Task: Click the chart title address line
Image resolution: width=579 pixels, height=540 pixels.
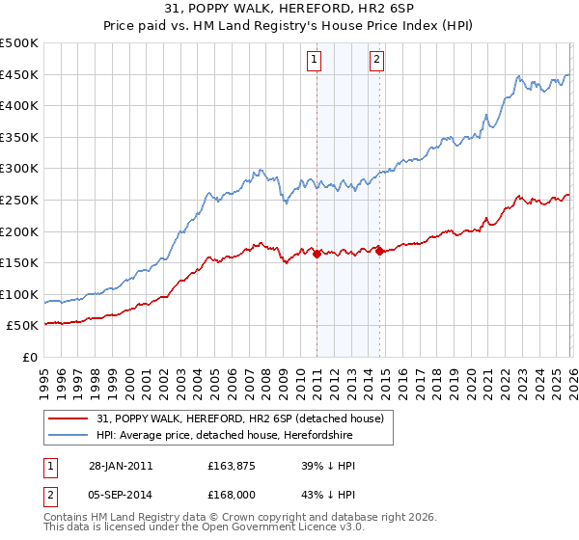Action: click(289, 10)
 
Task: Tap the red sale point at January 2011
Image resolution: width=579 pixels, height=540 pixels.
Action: click(317, 254)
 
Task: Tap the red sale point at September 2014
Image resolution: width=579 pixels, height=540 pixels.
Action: click(379, 251)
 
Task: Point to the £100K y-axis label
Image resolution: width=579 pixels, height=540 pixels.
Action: click(19, 294)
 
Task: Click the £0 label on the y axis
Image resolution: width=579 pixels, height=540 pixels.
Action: click(29, 357)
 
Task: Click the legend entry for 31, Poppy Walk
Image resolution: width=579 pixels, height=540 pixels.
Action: click(240, 418)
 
